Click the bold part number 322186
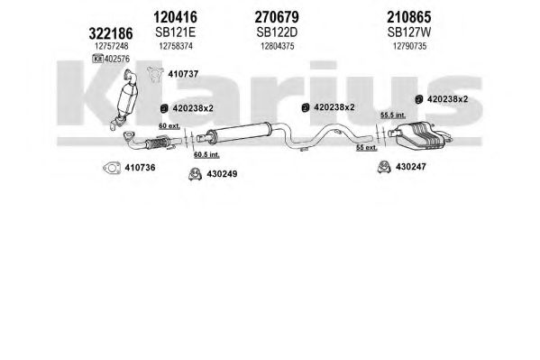coord(111,33)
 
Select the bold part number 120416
coord(175,17)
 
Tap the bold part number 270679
coord(277,17)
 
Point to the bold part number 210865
coord(408,17)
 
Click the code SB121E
coord(175,32)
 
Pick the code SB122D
coord(277,32)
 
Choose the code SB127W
coord(409,32)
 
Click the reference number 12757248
coord(111,46)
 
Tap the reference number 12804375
coord(278,46)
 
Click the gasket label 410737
coord(183,74)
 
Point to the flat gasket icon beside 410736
coord(112,168)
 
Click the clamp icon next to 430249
coord(195,174)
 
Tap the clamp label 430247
coord(411,167)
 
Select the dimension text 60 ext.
coord(169,125)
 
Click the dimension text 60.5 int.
coord(206,154)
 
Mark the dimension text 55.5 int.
coord(393,115)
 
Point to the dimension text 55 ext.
coord(367,148)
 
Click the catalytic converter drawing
coord(126,99)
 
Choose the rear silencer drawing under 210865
coord(420,135)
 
